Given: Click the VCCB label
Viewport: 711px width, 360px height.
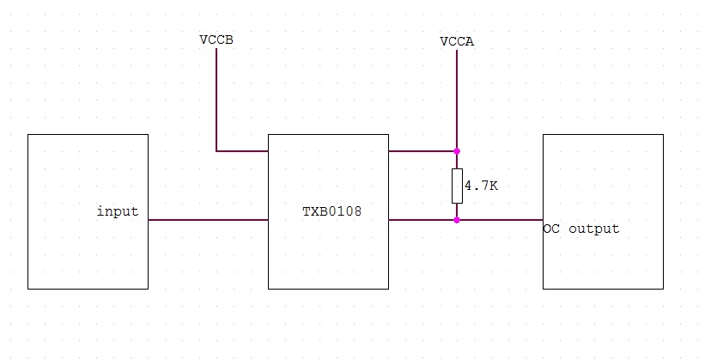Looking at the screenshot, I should tap(216, 40).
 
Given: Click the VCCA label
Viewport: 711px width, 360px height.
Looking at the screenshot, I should tap(457, 41).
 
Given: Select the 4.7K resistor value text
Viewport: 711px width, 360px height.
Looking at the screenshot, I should tap(481, 185).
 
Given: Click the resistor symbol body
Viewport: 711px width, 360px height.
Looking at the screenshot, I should tap(457, 186).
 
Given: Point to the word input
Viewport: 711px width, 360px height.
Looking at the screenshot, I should tap(118, 211).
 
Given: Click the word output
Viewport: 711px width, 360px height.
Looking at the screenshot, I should tap(593, 229).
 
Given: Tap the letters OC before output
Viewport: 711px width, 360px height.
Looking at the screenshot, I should tap(551, 229).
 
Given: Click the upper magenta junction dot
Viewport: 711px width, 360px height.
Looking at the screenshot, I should tap(457, 151).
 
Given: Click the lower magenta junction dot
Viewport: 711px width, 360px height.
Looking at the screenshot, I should tap(457, 220).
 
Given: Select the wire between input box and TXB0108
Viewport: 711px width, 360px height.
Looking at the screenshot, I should tap(208, 220).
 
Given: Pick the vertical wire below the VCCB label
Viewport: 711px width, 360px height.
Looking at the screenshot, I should tap(216, 99).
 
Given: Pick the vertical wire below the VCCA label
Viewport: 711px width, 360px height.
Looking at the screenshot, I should tap(457, 99).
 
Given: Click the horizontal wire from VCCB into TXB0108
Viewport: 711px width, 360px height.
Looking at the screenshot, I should tap(242, 151).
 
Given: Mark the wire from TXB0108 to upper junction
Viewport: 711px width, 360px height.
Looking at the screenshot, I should tap(422, 151).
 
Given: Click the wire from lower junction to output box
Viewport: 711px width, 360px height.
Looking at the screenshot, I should tap(500, 220).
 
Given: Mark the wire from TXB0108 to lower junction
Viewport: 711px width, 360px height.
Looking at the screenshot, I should tap(422, 220).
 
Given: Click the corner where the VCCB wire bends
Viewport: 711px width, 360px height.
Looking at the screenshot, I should tap(216, 151).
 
